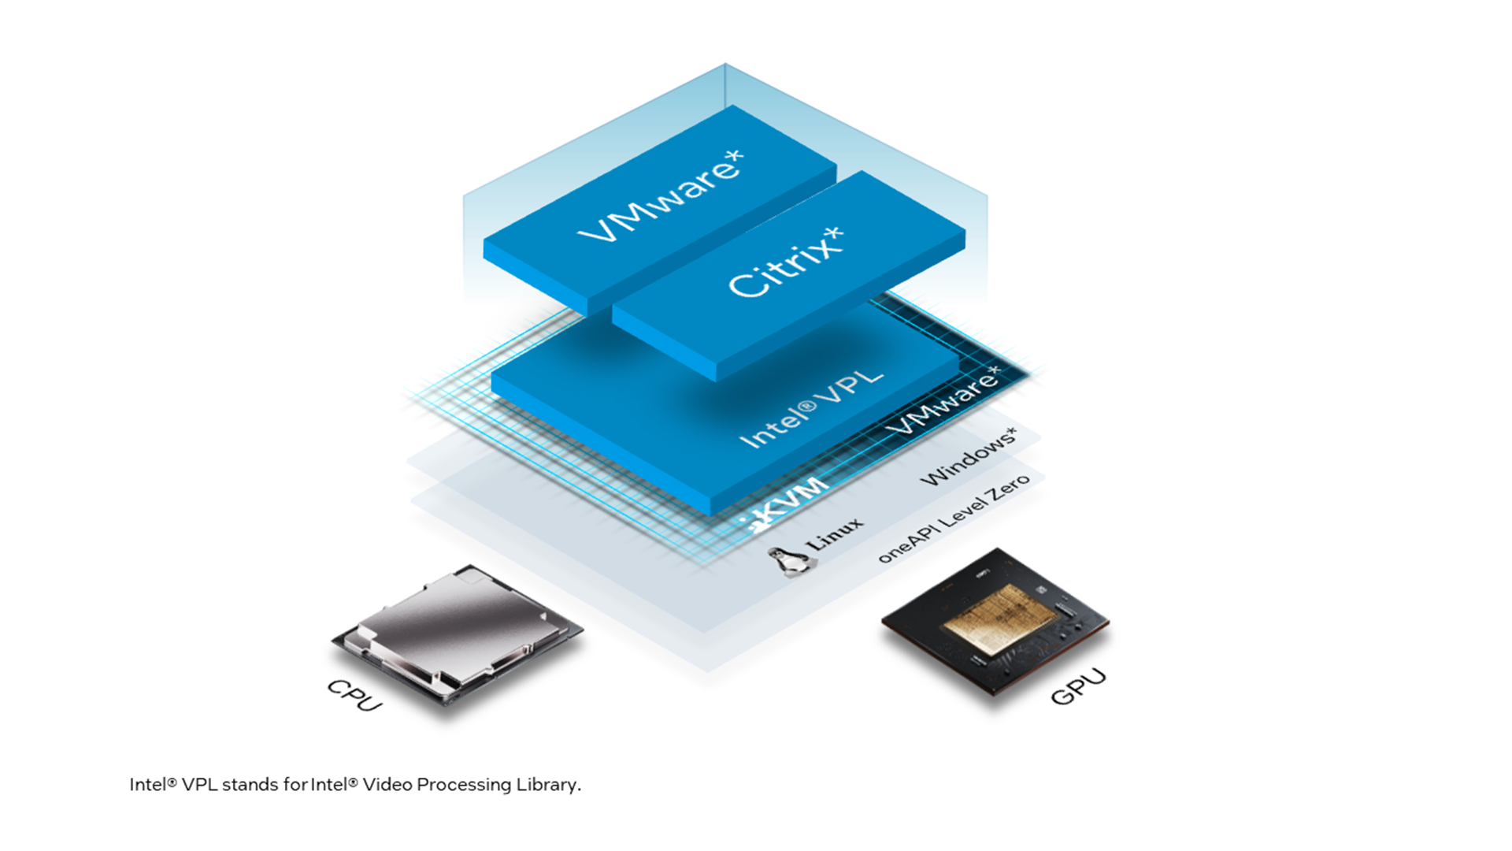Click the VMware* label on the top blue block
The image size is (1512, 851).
660,197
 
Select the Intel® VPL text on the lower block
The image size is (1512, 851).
811,409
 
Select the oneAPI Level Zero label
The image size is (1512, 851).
953,519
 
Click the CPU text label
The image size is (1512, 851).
355,694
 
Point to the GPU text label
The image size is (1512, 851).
1078,686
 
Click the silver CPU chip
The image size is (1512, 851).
457,630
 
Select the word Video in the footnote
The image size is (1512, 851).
387,785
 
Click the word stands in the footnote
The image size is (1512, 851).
250,785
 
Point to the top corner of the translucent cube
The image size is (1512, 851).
725,65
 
